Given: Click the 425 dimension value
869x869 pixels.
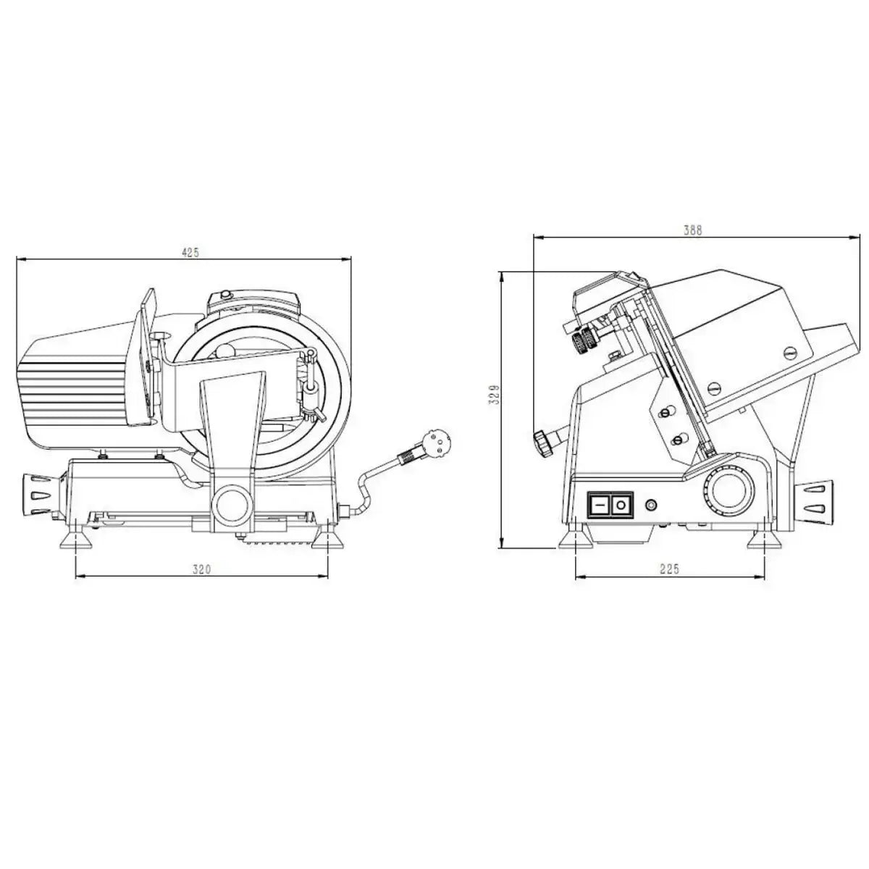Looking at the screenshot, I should [x=190, y=252].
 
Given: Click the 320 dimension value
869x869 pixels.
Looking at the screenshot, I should [x=201, y=570].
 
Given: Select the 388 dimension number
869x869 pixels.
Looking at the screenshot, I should [x=693, y=230].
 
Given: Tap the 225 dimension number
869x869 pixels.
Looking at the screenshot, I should [x=670, y=570].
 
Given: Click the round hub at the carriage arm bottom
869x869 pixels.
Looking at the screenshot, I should [x=232, y=500].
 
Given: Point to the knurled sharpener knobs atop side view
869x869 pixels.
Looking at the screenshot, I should [x=584, y=337].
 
